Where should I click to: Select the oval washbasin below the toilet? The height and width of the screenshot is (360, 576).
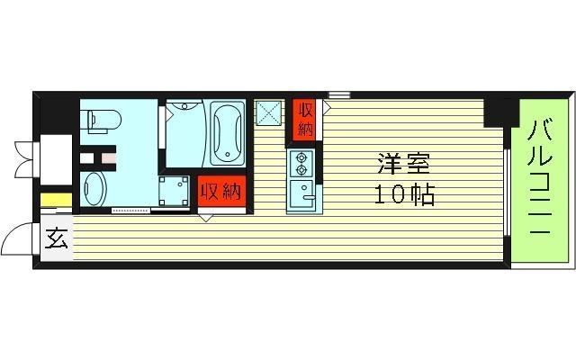pyautogui.click(x=94, y=190)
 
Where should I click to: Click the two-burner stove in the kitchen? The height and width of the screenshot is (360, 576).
pyautogui.click(x=300, y=163)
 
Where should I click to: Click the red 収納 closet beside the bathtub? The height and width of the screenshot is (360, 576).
pyautogui.click(x=220, y=191)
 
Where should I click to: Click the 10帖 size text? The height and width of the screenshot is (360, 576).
pyautogui.click(x=403, y=193)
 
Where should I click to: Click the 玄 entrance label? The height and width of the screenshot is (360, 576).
pyautogui.click(x=57, y=239)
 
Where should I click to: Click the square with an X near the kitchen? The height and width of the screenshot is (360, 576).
pyautogui.click(x=268, y=112)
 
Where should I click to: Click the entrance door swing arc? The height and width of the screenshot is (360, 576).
pyautogui.click(x=18, y=238)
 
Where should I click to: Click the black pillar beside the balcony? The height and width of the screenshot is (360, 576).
pyautogui.click(x=496, y=112)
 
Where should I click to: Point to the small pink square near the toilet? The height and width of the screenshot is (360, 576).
pyautogui.click(x=108, y=160)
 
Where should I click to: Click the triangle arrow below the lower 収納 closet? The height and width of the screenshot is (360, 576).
pyautogui.click(x=207, y=217)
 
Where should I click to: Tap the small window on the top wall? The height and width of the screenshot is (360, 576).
pyautogui.click(x=338, y=94)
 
